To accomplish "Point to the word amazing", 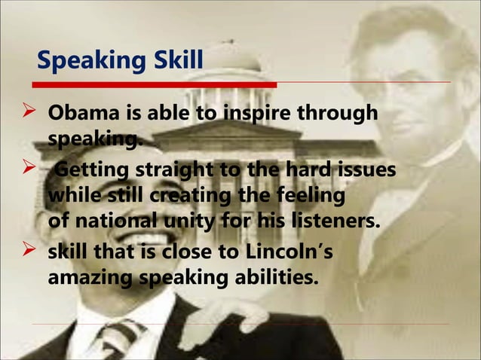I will pos(89,278).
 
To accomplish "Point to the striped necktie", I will pos(121,338).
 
